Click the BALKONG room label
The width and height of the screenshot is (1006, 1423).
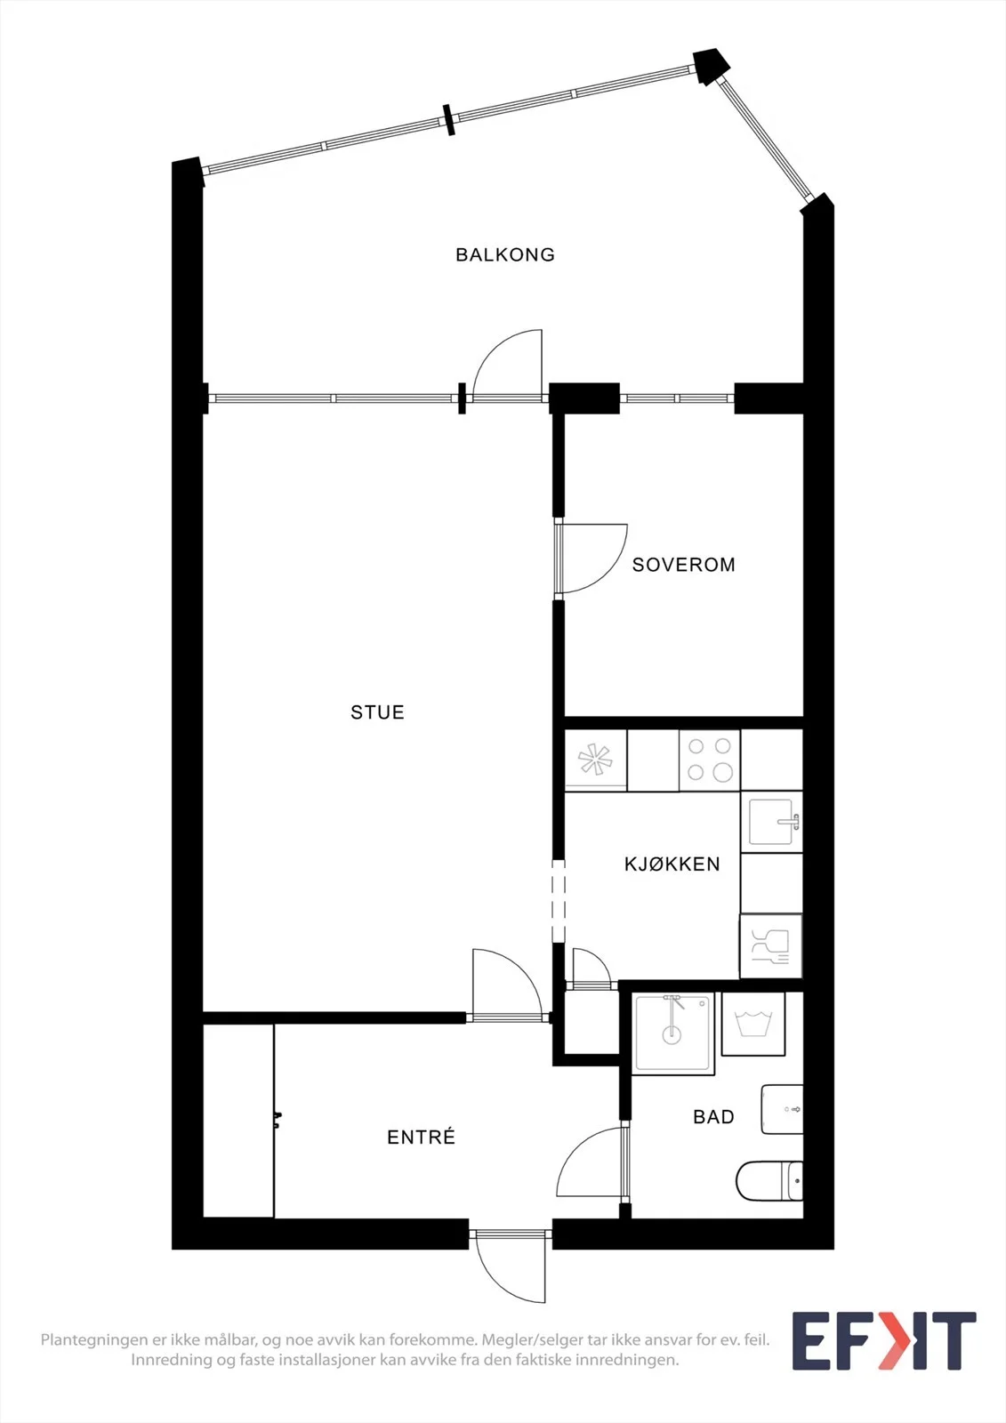click(505, 254)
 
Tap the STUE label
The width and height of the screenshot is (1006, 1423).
click(377, 712)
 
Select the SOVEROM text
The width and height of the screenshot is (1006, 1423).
click(684, 565)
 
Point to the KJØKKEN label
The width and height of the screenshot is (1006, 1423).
click(672, 864)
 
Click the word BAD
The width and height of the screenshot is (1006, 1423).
click(713, 1117)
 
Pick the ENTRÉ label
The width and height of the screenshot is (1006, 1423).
click(422, 1137)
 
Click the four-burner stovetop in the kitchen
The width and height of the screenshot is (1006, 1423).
click(709, 760)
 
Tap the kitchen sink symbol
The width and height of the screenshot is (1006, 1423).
click(771, 822)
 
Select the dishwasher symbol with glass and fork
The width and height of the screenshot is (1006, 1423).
click(771, 946)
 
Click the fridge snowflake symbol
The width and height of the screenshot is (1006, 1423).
click(595, 760)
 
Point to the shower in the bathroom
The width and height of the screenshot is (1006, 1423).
click(673, 1033)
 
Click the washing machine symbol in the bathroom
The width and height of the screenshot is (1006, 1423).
click(753, 1024)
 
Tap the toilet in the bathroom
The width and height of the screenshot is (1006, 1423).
click(769, 1181)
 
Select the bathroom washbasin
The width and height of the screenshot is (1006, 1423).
click(783, 1109)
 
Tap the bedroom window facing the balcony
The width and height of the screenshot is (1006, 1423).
click(677, 398)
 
